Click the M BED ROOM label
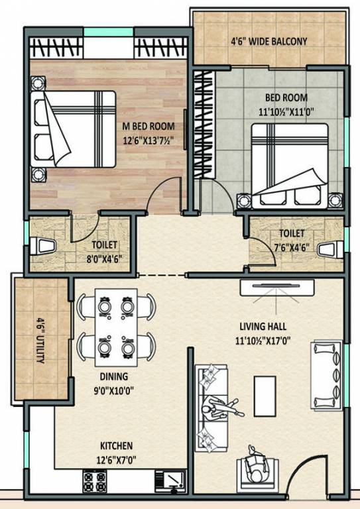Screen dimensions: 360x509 tap(149, 126)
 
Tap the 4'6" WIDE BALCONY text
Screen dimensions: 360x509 tap(269, 42)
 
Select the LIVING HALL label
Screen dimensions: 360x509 tap(263, 326)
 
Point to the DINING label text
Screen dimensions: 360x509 tap(113, 376)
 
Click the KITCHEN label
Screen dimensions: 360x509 tap(116, 445)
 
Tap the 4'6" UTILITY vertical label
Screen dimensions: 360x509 tap(40, 340)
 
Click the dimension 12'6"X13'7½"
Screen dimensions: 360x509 tap(148, 141)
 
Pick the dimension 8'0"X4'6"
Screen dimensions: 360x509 tap(104, 259)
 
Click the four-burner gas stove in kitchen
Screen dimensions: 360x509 tap(95, 481)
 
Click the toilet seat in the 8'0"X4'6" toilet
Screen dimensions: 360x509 tap(42, 246)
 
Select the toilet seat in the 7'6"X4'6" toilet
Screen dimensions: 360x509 tap(330, 250)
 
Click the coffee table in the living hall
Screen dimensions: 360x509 tap(265, 392)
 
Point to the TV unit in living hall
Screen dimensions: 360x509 tap(277, 288)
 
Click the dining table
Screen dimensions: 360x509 tap(116, 327)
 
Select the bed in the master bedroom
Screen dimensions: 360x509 tap(74, 129)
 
